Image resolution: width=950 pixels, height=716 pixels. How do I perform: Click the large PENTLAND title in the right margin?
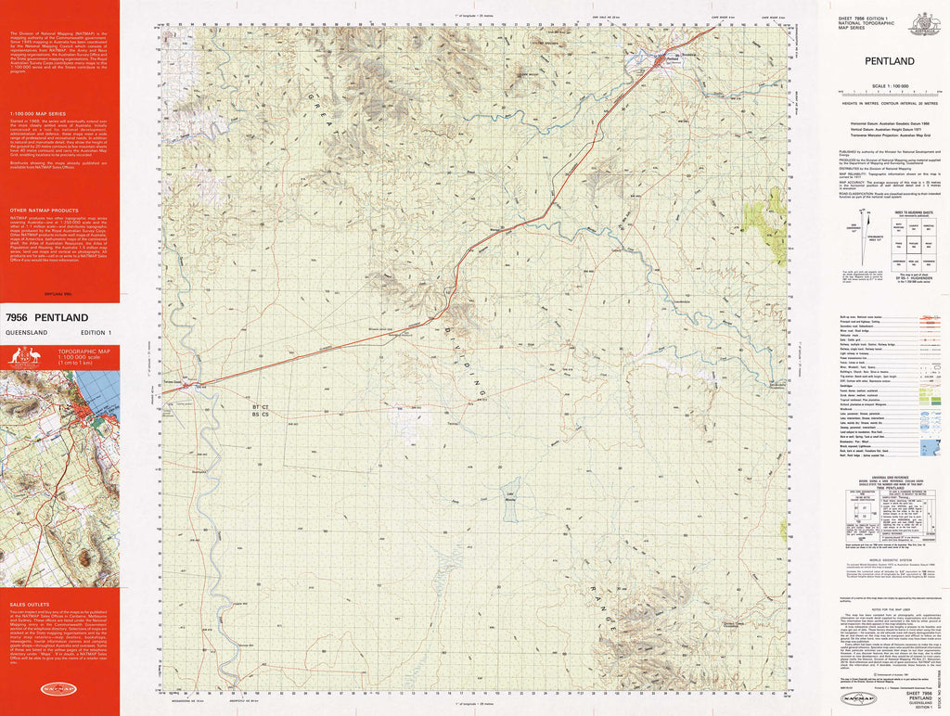(889, 61)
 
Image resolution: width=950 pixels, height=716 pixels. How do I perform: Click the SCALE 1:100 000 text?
(890, 85)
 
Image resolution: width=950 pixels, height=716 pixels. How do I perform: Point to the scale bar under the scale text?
(890, 93)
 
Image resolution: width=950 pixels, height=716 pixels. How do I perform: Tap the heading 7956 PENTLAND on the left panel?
(46, 318)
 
